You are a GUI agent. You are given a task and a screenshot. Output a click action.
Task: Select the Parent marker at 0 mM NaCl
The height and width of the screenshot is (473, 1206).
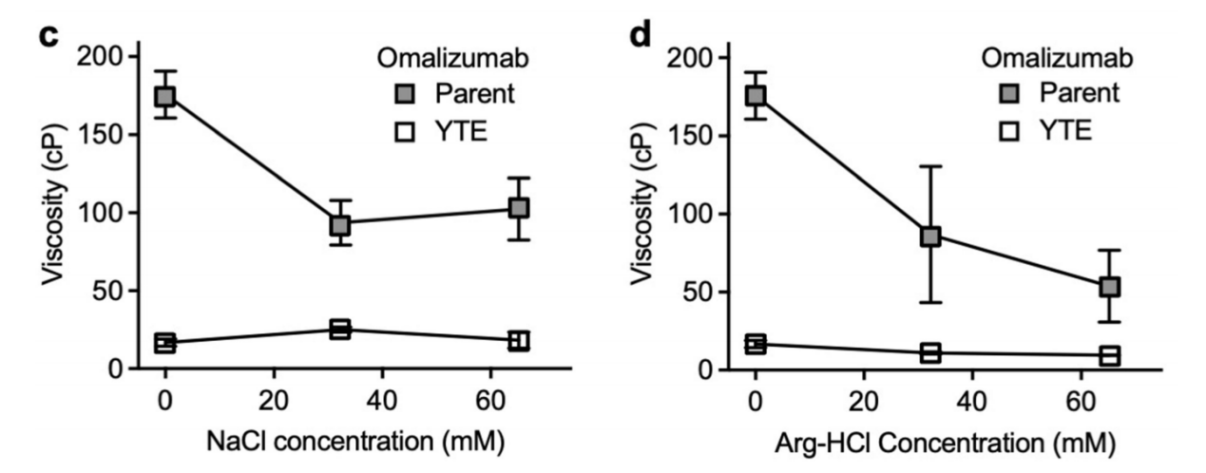click(165, 97)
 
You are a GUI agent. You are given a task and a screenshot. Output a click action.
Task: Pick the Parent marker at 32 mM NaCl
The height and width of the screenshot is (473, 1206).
click(339, 225)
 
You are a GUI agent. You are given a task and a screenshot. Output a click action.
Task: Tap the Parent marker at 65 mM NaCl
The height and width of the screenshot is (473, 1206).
click(518, 207)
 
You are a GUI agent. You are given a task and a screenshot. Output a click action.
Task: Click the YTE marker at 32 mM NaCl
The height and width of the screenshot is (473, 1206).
click(339, 330)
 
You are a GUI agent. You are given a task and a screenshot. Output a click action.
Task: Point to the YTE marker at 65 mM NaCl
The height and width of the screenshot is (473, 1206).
click(518, 340)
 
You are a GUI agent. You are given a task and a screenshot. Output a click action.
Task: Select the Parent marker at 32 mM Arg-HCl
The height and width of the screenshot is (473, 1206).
click(930, 236)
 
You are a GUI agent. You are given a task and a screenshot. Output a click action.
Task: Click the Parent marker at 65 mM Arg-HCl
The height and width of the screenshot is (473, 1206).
click(1109, 286)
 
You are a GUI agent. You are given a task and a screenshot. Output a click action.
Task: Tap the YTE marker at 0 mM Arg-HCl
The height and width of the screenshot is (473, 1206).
click(756, 343)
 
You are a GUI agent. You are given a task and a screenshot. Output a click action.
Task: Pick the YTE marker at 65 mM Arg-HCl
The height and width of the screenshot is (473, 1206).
click(1109, 355)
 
